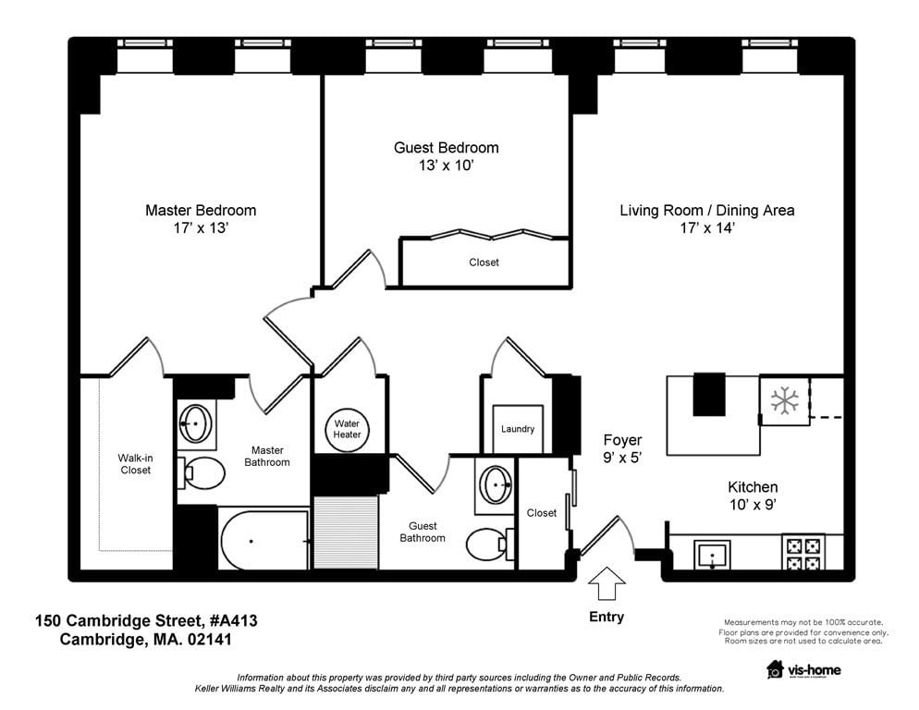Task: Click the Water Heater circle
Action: click(x=347, y=430)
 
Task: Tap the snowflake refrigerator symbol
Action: click(x=784, y=401)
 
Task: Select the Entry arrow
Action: click(x=607, y=583)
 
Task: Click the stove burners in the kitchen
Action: click(x=803, y=554)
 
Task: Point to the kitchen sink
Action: click(x=712, y=555)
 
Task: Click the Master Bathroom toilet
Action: click(x=202, y=473)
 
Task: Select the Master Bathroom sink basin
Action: click(x=196, y=423)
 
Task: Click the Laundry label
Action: click(x=518, y=429)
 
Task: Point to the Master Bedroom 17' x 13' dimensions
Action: click(x=201, y=228)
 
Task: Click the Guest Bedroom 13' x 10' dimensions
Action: click(x=446, y=165)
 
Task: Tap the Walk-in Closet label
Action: click(x=135, y=464)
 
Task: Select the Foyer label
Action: click(x=622, y=440)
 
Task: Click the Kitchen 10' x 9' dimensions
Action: click(x=754, y=504)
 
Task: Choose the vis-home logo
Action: click(x=804, y=669)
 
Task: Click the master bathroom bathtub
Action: click(x=263, y=540)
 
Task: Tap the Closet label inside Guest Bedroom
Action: click(x=484, y=263)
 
